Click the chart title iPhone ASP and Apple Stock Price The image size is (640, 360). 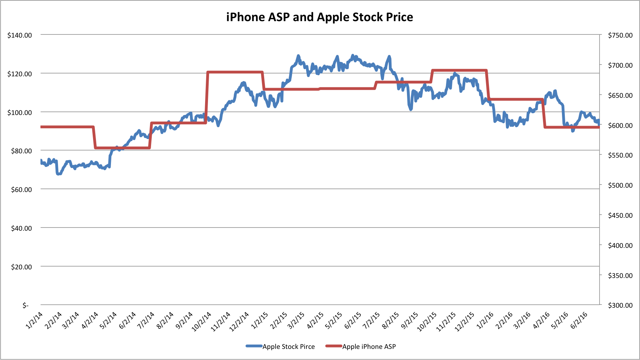[320, 17]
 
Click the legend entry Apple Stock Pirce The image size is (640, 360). [289, 346]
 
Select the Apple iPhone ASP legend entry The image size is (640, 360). [369, 346]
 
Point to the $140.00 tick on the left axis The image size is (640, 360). [20, 35]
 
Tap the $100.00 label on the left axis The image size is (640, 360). [20, 112]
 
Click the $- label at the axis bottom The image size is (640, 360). [25, 305]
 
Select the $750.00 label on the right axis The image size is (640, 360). [620, 35]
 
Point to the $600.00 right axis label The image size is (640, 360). [620, 125]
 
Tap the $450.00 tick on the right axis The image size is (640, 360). [620, 215]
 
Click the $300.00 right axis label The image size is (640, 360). [620, 305]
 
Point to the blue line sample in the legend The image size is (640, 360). [254, 346]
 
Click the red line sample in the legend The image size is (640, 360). [334, 346]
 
